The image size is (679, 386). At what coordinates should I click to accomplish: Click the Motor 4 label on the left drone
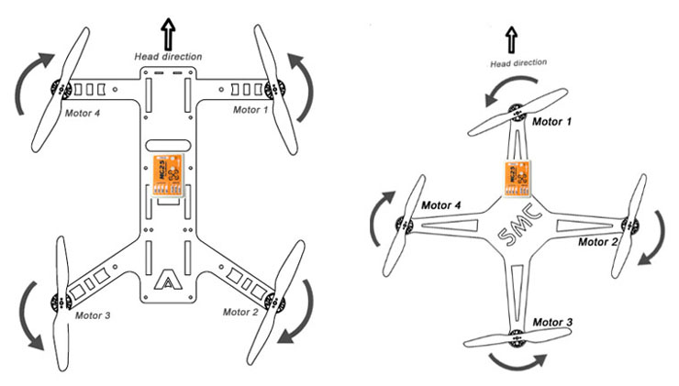pos(82,114)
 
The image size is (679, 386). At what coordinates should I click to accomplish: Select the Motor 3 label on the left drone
pos(88,315)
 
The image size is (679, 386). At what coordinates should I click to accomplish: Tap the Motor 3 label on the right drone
pos(551,323)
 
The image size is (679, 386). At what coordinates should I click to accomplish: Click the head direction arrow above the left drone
pos(168,35)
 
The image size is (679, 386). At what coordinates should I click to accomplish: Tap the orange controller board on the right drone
pos(518,176)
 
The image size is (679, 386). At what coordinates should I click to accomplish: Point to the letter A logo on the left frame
pos(168,280)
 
